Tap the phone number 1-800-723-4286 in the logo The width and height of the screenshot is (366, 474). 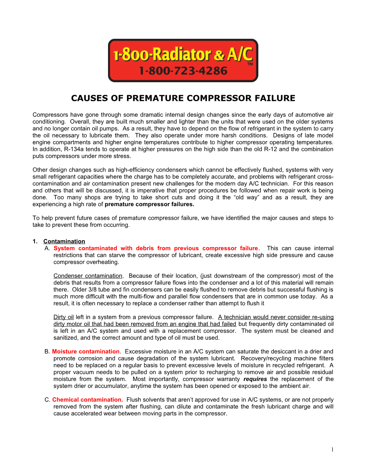(x=183, y=71)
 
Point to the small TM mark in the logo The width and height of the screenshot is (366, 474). (x=250, y=64)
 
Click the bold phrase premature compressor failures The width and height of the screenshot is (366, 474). (x=149, y=204)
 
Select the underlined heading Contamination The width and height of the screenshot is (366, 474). (x=64, y=241)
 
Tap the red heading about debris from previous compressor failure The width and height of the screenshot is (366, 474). (x=156, y=248)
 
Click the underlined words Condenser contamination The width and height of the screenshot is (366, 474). (x=88, y=275)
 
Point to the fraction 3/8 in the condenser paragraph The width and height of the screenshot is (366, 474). (x=92, y=289)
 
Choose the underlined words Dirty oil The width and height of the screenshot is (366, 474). (x=64, y=317)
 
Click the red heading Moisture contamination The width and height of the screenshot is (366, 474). (x=86, y=351)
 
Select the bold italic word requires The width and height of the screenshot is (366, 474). (x=255, y=379)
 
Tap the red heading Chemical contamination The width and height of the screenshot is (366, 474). (x=88, y=399)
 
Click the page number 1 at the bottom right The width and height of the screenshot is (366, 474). (x=332, y=450)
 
